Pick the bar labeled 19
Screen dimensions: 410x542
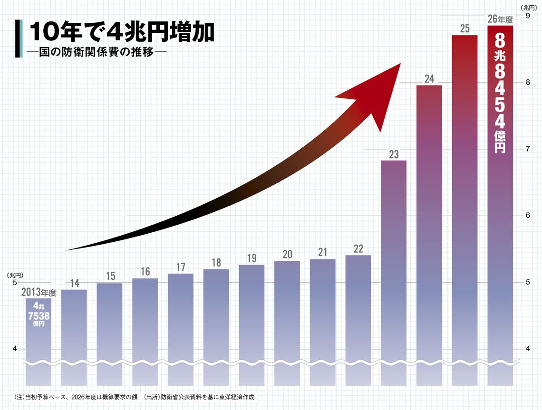252,323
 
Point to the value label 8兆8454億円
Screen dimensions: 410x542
500,93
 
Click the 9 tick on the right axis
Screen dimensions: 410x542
527,16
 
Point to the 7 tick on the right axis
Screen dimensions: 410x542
527,149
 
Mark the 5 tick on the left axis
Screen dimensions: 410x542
14,283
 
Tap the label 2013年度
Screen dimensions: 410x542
39,293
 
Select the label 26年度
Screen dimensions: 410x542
500,19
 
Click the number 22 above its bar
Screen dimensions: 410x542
358,249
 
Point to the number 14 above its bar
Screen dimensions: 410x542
75,284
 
